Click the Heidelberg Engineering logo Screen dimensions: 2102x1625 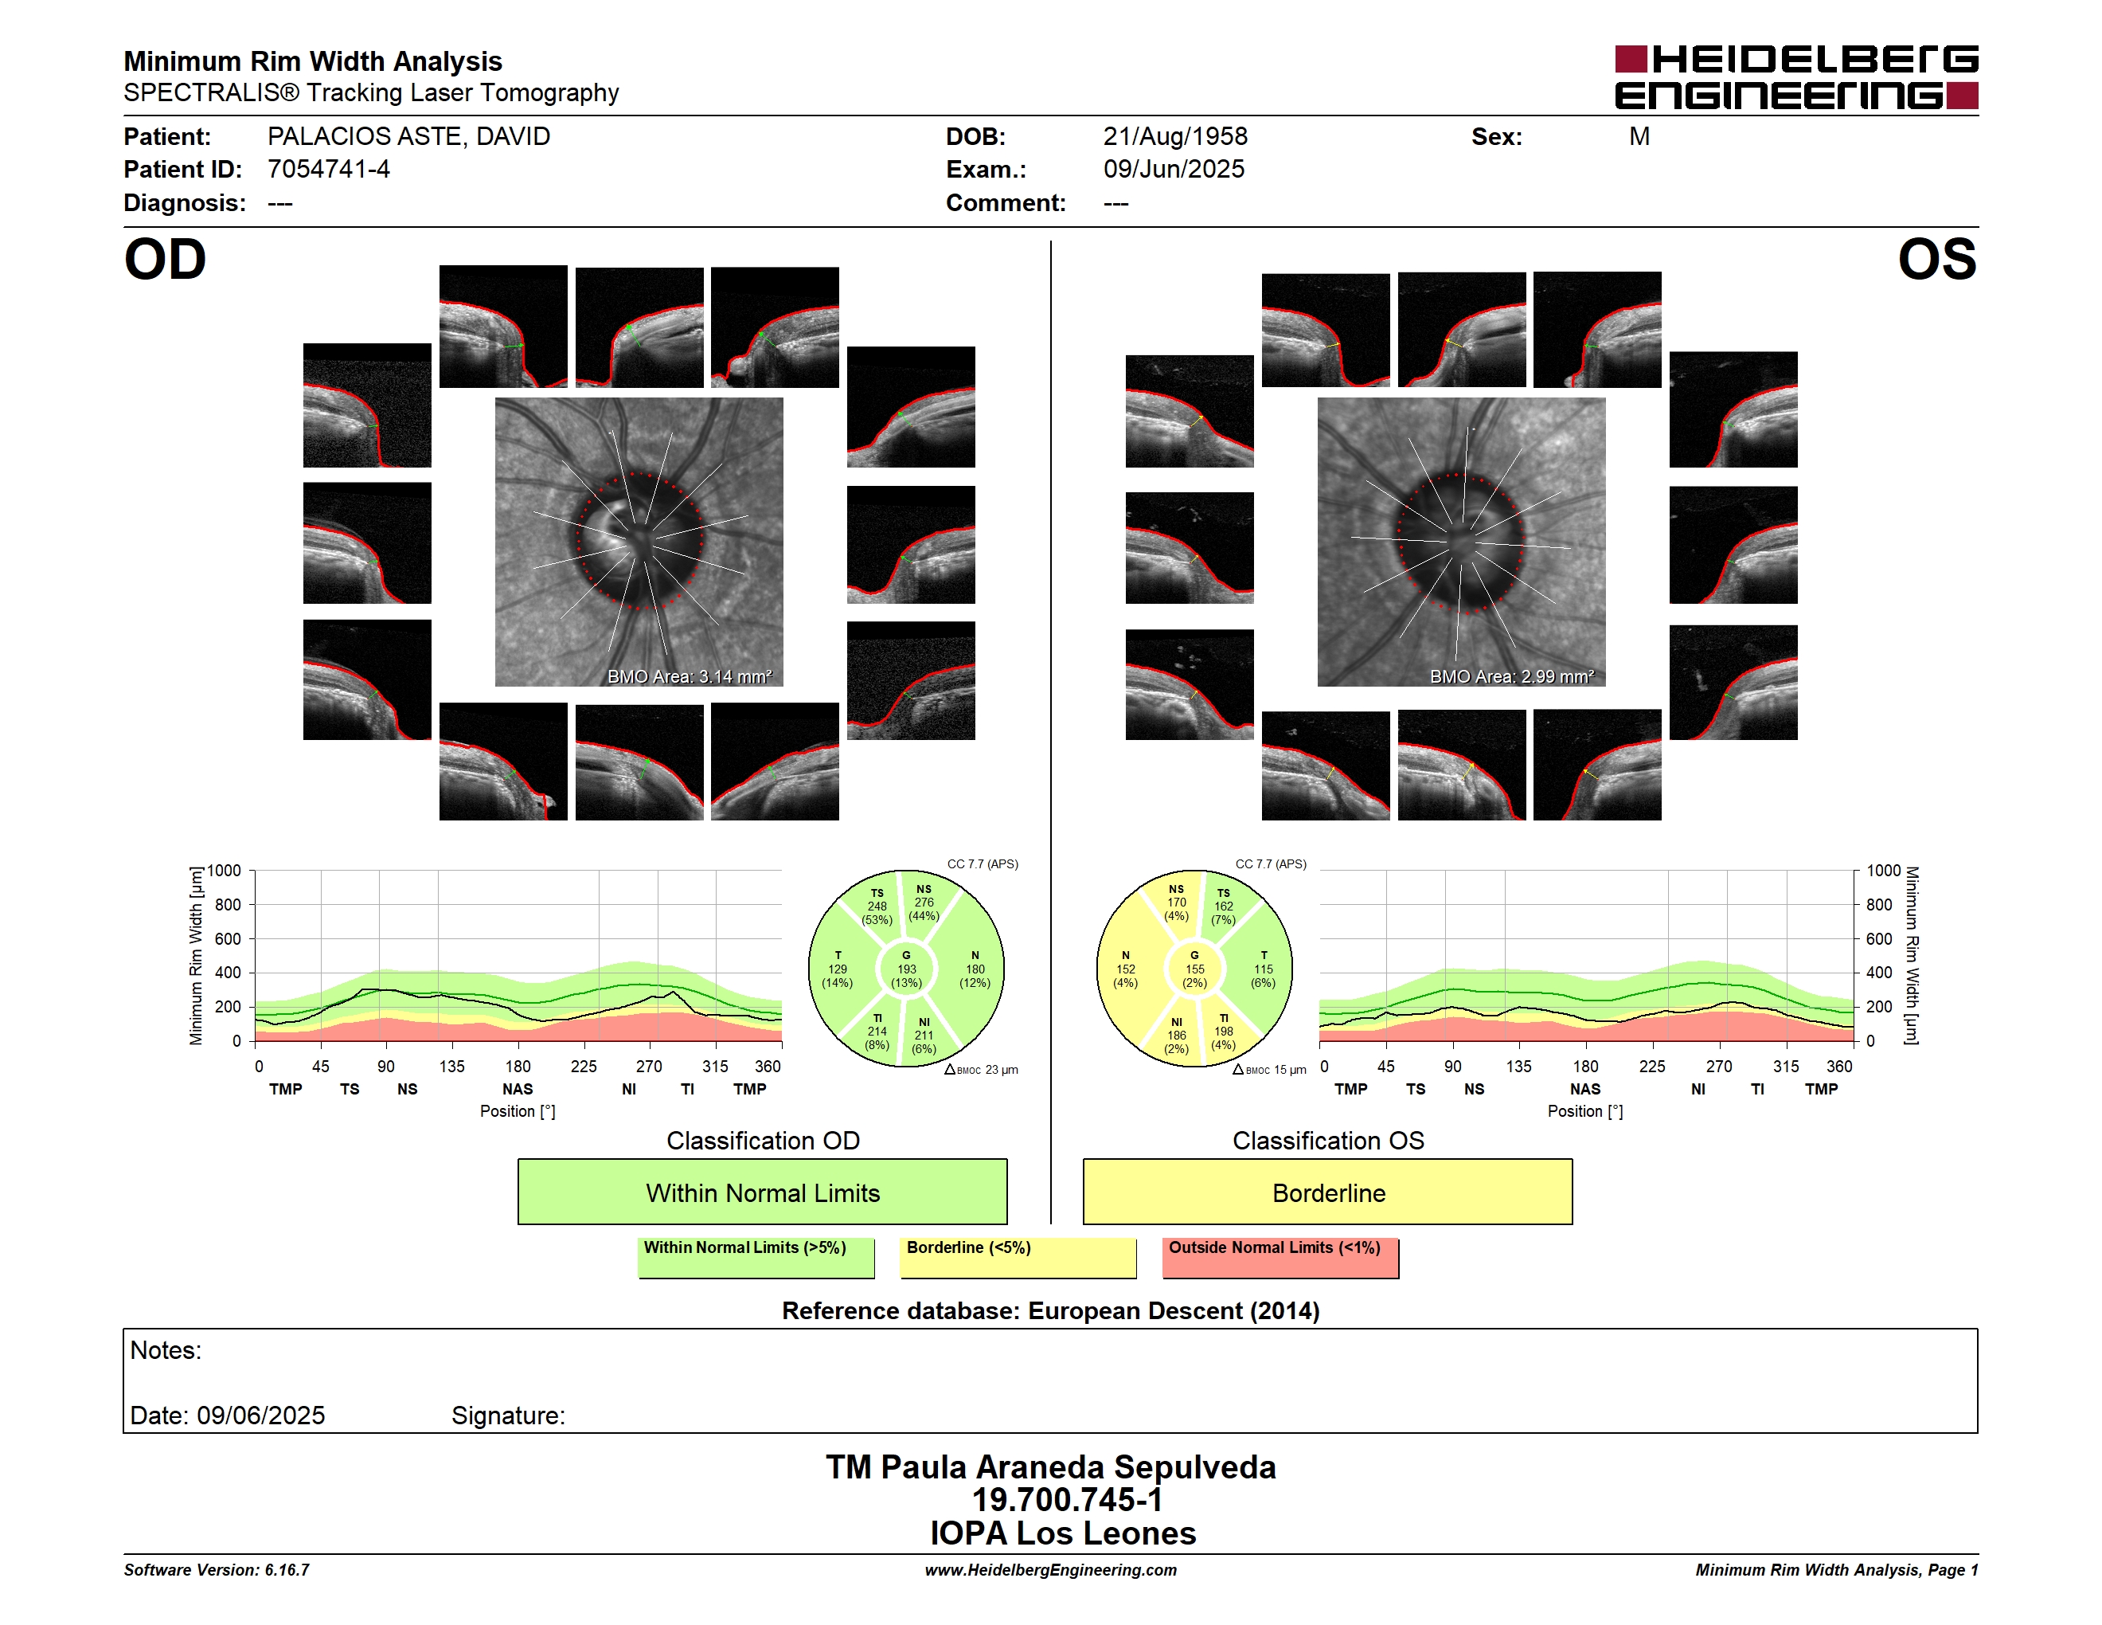(1796, 77)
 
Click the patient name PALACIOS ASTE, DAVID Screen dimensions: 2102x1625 (408, 137)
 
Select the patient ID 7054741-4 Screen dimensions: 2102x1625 (328, 170)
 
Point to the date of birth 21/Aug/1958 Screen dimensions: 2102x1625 (1175, 137)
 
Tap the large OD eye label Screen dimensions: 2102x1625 (165, 260)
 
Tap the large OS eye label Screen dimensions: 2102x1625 (1936, 260)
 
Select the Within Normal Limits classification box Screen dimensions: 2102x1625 (762, 1192)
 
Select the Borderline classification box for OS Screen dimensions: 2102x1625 (1328, 1192)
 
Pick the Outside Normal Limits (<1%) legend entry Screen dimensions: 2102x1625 (1280, 1257)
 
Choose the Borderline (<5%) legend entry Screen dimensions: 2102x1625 (1018, 1257)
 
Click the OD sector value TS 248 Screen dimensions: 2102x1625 (877, 906)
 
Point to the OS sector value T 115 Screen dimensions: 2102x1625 (1263, 969)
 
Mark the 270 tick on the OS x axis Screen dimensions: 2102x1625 (1719, 1067)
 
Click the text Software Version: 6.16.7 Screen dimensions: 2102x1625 (217, 1570)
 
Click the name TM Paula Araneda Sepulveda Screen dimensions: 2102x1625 (1051, 1467)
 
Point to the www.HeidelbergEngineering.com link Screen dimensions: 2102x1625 (1051, 1570)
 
